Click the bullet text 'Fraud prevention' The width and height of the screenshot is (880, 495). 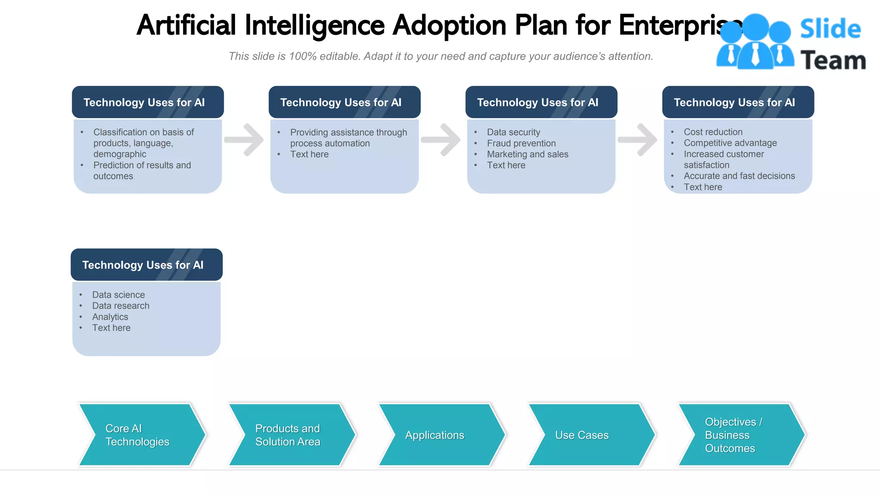pyautogui.click(x=521, y=143)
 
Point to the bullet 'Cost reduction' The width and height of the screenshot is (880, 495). pyautogui.click(x=713, y=132)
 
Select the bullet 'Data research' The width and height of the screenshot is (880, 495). pyautogui.click(x=121, y=306)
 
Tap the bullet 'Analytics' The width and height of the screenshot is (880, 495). pyautogui.click(x=110, y=317)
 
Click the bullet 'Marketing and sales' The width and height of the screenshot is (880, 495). pyautogui.click(x=527, y=154)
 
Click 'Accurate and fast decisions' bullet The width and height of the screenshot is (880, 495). pyautogui.click(x=739, y=176)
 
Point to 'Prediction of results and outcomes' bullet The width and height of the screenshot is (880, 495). pyautogui.click(x=142, y=171)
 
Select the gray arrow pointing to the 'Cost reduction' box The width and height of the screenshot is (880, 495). pyautogui.click(x=638, y=140)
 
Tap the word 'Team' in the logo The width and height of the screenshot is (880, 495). pyautogui.click(x=833, y=60)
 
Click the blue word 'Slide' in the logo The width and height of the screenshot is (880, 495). pyautogui.click(x=830, y=29)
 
